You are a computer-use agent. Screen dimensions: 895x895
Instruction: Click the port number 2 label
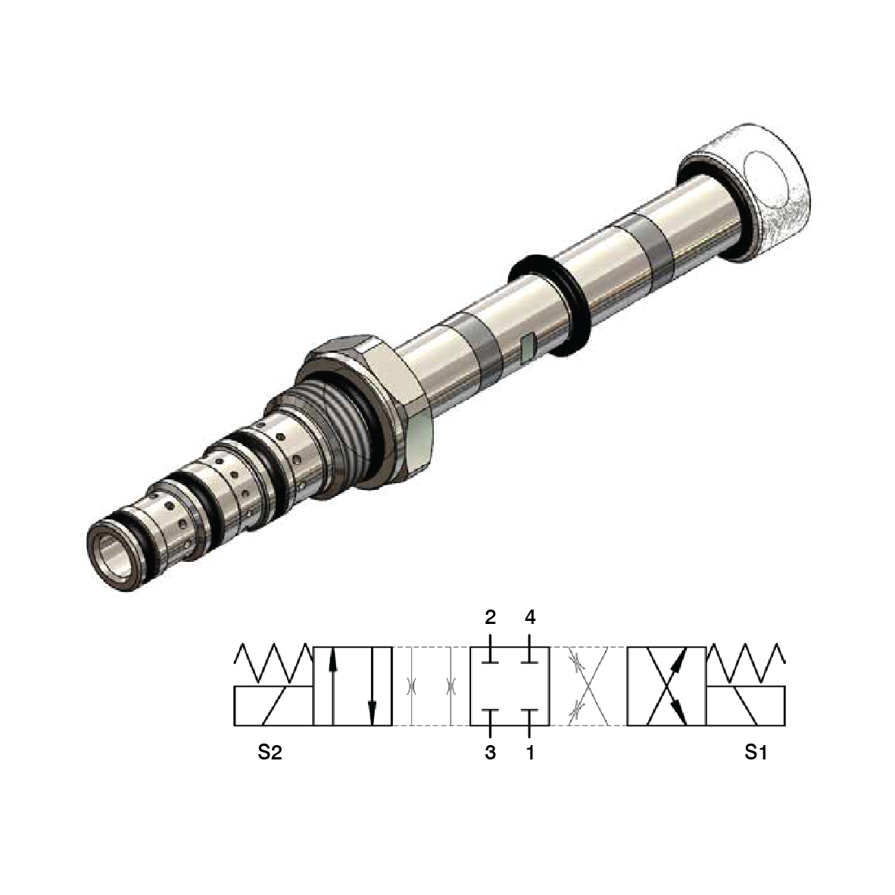click(491, 617)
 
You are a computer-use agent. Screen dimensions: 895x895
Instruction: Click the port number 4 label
click(530, 617)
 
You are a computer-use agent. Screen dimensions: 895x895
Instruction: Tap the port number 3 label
click(491, 753)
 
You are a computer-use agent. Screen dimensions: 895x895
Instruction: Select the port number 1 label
click(530, 753)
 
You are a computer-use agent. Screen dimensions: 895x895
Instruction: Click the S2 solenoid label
click(270, 753)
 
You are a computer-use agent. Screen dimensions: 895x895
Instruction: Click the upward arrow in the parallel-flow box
click(332, 685)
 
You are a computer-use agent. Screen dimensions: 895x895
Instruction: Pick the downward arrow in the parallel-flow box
click(372, 685)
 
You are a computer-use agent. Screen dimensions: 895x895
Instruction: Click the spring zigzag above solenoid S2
click(273, 664)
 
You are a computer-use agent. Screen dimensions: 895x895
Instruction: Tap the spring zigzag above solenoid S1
click(746, 664)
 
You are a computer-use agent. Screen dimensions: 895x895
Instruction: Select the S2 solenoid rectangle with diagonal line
click(273, 706)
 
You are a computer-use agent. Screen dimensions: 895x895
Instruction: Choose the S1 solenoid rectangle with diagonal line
click(746, 706)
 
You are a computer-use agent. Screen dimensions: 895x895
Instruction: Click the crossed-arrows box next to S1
click(666, 685)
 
